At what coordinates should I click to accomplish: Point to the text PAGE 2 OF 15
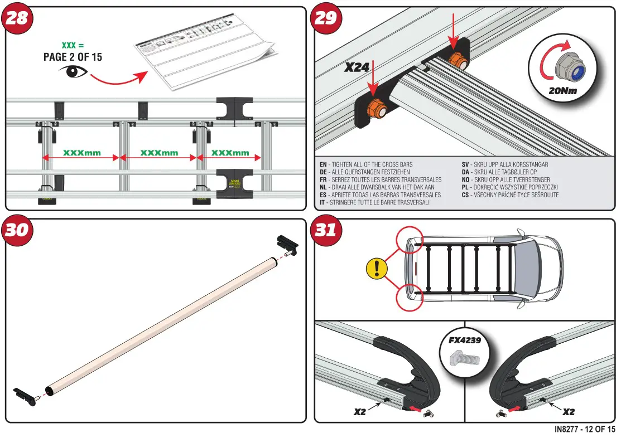(x=73, y=57)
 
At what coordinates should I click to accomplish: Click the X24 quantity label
(x=357, y=68)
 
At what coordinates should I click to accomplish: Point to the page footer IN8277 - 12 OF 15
(x=585, y=429)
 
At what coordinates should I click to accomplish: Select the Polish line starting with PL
(x=510, y=188)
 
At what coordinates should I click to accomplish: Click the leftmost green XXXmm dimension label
(x=81, y=152)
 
